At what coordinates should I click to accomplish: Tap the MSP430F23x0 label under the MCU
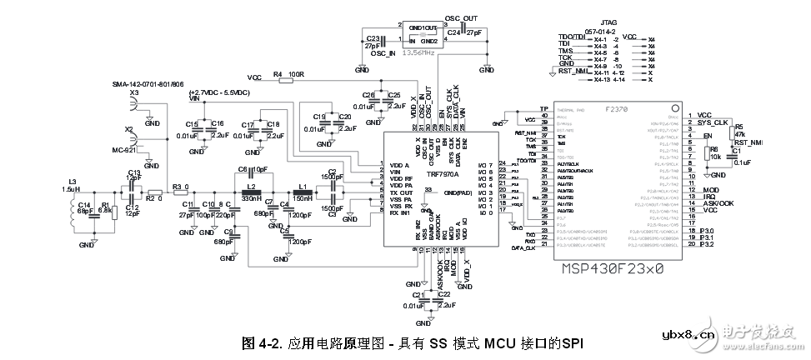pyautogui.click(x=613, y=270)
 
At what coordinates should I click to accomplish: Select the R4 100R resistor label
pyautogui.click(x=288, y=75)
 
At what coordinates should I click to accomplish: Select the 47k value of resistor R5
pyautogui.click(x=739, y=135)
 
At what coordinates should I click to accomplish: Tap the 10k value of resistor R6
pyautogui.click(x=714, y=156)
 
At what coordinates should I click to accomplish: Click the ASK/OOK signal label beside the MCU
pyautogui.click(x=718, y=202)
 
